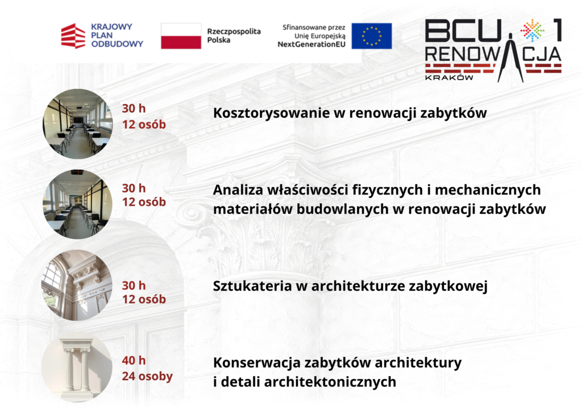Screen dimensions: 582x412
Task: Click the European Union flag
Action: coord(372,36)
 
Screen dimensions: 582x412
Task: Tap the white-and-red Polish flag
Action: coord(181,36)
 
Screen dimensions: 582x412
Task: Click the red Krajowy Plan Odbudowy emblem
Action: coord(73,36)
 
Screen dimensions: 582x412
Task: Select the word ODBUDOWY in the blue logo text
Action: coord(117,44)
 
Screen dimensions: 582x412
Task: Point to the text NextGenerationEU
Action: coord(311,44)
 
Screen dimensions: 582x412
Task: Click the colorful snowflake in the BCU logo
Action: coord(532,30)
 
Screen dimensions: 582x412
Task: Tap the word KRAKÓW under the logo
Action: coord(449,77)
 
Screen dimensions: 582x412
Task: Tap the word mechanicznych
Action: coord(488,190)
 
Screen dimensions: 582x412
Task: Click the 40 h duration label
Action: coord(134,360)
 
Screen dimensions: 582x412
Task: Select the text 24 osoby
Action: coord(147,376)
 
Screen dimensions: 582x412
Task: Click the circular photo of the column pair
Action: coord(77,368)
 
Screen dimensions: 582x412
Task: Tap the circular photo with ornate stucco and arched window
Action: coord(77,285)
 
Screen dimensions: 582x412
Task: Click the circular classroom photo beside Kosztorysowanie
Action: coord(77,123)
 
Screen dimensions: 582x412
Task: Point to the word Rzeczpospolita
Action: coord(234,31)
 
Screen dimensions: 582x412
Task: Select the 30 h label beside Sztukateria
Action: coord(134,285)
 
